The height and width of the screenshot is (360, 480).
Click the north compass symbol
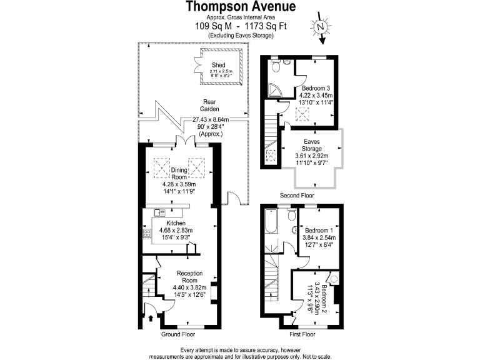(320, 28)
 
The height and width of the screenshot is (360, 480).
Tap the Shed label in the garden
(218, 65)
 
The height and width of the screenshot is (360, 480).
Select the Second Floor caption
(297, 196)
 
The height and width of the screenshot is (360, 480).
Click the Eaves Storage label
(312, 146)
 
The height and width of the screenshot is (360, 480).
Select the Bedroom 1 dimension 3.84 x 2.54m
(319, 237)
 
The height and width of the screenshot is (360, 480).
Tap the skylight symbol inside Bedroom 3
(299, 114)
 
